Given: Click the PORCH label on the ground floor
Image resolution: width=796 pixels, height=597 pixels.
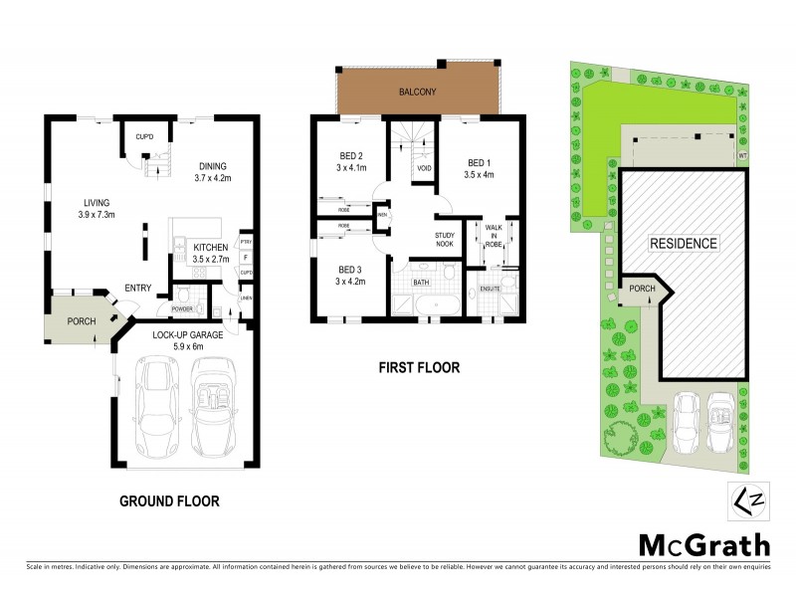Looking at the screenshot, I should tap(81, 321).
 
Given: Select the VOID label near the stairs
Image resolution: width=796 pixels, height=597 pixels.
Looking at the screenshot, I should tap(424, 168).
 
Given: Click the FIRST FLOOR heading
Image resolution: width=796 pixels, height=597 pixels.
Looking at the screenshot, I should tap(419, 368).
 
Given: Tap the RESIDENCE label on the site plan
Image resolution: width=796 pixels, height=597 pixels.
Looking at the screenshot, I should tap(683, 243).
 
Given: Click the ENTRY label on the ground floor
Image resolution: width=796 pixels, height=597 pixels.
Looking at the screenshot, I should tap(137, 289).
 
